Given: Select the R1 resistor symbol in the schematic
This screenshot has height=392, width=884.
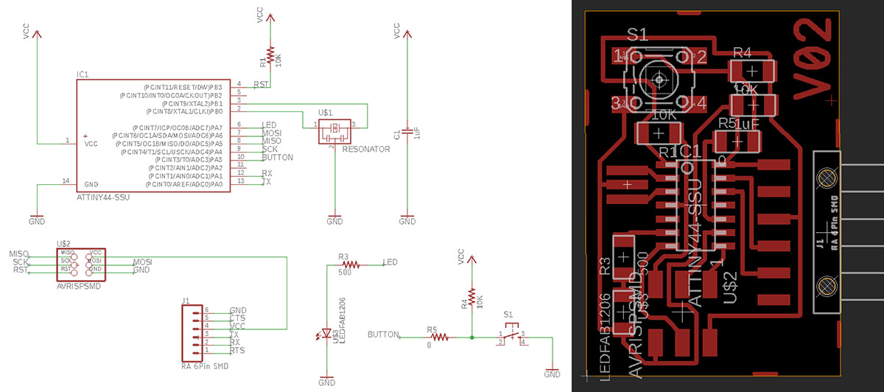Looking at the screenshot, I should click(271, 55).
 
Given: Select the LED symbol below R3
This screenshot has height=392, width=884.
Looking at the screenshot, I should click(326, 334).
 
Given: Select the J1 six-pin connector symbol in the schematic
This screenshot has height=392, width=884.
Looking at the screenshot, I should click(194, 332).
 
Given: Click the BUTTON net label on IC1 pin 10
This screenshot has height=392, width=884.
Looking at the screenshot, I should click(277, 158).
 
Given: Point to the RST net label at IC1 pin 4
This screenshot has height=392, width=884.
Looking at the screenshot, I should click(260, 85).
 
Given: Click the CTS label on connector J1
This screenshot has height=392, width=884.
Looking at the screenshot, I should click(237, 318).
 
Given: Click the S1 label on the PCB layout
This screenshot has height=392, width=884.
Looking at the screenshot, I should click(637, 34).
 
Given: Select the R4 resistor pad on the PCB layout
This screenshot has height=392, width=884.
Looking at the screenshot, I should click(751, 71).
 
